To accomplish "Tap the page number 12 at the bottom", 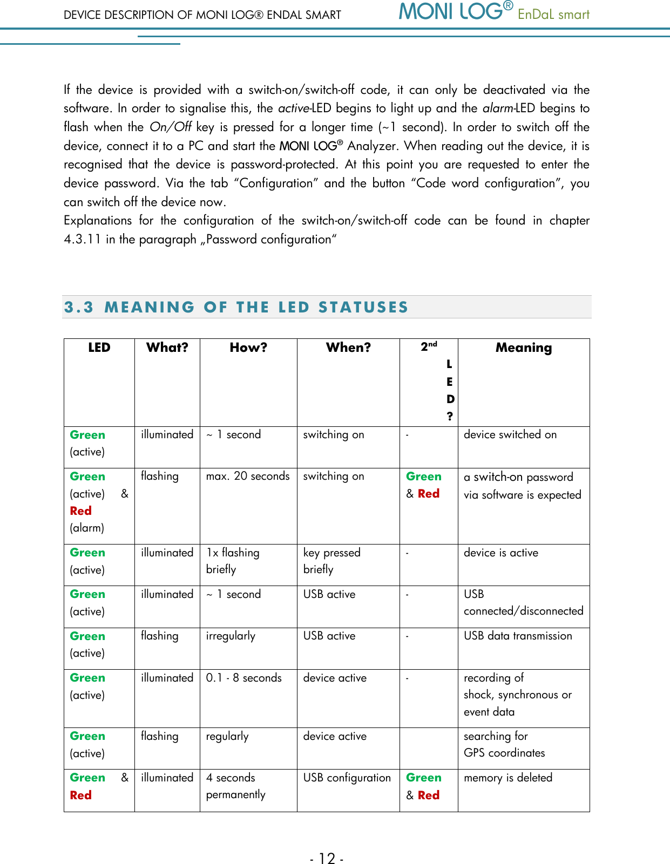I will click(x=327, y=858).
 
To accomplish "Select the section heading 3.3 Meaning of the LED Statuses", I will click(x=236, y=307).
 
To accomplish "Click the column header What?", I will click(x=167, y=348).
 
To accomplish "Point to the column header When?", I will click(x=348, y=348).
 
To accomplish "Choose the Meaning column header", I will click(x=523, y=348).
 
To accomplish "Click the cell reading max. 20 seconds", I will click(x=248, y=476).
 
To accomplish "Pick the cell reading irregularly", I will click(x=231, y=636).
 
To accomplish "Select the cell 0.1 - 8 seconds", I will click(x=243, y=678).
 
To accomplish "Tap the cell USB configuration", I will click(x=347, y=778).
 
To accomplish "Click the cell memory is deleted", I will click(x=507, y=778).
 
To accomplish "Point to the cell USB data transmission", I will click(x=518, y=636).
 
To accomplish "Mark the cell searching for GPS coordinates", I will click(x=504, y=744).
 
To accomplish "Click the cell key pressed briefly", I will click(x=331, y=561).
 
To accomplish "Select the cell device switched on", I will click(x=510, y=434).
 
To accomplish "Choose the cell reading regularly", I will click(x=227, y=736).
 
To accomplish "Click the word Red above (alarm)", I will click(x=80, y=511).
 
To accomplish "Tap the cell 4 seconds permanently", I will click(x=235, y=786).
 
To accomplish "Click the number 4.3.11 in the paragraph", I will click(x=82, y=239).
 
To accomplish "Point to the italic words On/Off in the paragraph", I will click(x=170, y=127).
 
